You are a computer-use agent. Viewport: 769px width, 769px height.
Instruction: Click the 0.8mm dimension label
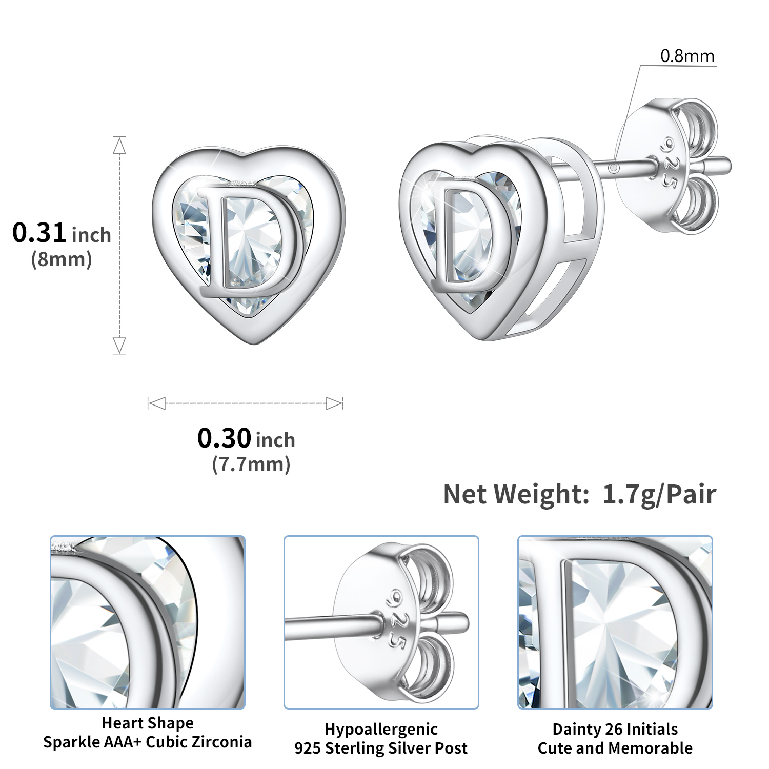pos(687,56)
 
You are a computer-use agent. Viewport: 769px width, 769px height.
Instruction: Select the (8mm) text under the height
pos(62,259)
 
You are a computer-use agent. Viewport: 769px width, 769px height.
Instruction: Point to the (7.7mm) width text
pos(251,464)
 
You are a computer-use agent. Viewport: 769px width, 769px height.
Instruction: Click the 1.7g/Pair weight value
pos(659,494)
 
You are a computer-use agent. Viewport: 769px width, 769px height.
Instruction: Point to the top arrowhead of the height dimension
pos(119,146)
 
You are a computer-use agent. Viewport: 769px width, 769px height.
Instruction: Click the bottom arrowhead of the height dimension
pos(119,345)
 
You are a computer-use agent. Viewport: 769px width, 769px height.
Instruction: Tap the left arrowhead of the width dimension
pos(156,403)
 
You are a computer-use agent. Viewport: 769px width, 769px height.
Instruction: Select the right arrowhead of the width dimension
pos(334,403)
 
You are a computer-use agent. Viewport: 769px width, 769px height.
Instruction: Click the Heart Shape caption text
pos(148,723)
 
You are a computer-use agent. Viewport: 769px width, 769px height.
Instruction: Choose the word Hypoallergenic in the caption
pos(381,729)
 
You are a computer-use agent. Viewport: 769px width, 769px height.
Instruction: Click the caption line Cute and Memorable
pos(615,748)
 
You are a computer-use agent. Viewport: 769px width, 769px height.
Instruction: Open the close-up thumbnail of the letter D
pos(615,622)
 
